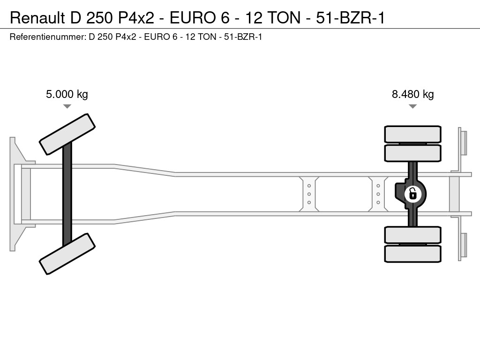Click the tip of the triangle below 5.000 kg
click(67, 108)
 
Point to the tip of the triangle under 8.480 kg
click(412, 108)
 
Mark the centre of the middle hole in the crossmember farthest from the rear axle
click(309, 194)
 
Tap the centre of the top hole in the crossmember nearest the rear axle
click(378, 186)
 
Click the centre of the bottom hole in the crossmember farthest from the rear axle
click(309, 202)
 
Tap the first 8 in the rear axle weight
click(395, 94)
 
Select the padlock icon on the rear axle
click(412, 194)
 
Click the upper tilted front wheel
click(67, 135)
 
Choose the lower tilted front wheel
click(67, 254)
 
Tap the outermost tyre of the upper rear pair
click(412, 134)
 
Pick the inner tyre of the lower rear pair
click(412, 235)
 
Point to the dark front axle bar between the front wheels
click(67, 194)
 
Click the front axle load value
click(67, 94)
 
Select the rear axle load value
click(412, 94)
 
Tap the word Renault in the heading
click(37, 18)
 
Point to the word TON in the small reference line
click(207, 37)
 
